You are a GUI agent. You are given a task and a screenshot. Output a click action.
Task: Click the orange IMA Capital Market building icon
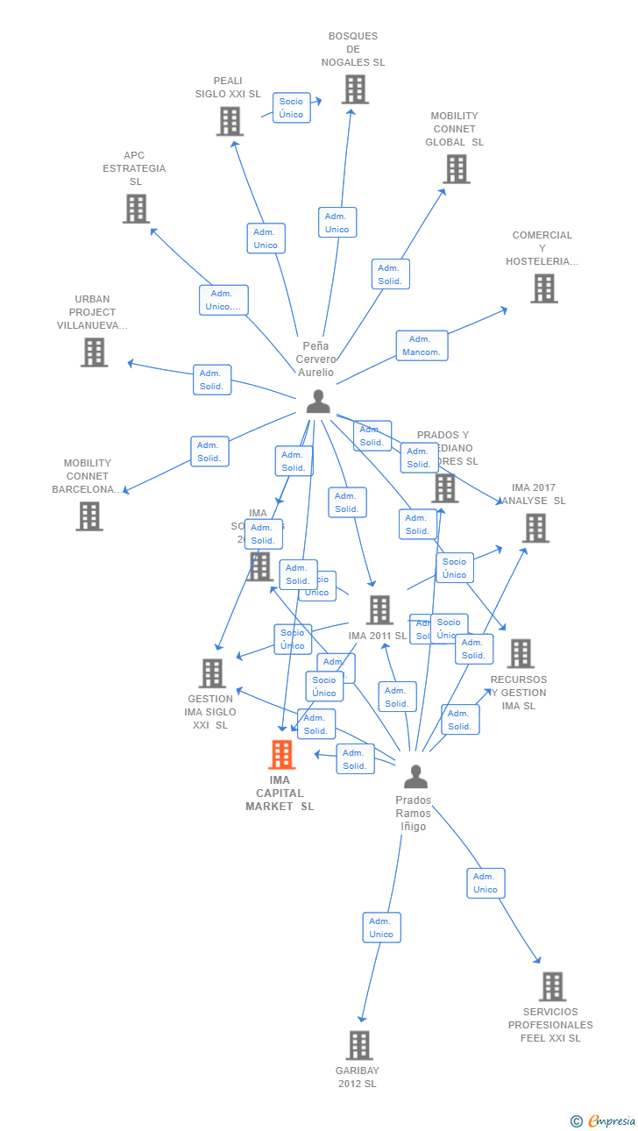(x=281, y=754)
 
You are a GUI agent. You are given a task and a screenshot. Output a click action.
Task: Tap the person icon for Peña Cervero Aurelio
(x=318, y=402)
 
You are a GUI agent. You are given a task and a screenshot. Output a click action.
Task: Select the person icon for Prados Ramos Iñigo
(x=415, y=777)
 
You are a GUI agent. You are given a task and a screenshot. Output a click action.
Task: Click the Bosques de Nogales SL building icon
(x=354, y=89)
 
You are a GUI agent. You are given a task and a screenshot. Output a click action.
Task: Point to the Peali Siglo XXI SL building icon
(x=230, y=121)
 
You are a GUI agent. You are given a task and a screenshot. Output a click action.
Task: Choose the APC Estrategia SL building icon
(x=136, y=209)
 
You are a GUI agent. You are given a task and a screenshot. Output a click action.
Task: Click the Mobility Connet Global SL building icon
(x=457, y=169)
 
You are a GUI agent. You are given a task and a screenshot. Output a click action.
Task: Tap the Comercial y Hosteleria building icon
(x=543, y=288)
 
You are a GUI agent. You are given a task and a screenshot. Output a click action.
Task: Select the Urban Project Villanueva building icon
(x=94, y=352)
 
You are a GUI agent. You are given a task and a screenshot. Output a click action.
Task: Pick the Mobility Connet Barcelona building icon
(x=89, y=516)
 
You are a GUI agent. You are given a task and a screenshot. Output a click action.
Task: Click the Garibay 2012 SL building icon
(x=358, y=1045)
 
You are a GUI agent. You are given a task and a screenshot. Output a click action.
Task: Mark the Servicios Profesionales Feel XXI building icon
(x=552, y=986)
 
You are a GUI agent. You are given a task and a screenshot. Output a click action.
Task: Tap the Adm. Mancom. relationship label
(x=422, y=345)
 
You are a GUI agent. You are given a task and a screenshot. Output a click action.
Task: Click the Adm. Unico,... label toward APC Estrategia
(x=223, y=300)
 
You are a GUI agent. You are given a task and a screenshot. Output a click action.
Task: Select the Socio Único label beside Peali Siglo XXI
(x=291, y=108)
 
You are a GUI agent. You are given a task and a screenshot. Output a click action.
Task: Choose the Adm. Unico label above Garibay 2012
(x=381, y=928)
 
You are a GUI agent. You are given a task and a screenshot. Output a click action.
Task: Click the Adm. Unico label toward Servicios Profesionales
(x=486, y=883)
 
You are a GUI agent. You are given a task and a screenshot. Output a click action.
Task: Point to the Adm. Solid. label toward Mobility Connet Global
(x=390, y=274)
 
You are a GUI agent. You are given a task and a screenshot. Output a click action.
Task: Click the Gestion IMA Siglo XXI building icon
(x=212, y=673)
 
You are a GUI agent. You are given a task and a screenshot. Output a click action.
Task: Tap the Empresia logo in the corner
(x=604, y=1120)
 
